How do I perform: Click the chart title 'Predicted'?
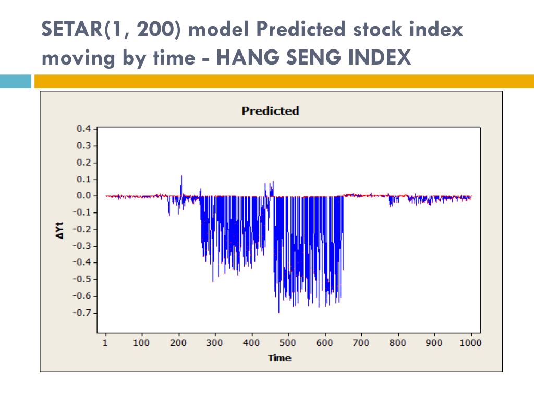point(270,111)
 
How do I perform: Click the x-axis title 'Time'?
point(280,358)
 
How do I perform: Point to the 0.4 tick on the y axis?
point(84,129)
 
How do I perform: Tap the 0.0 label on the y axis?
point(84,196)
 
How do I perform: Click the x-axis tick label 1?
point(105,343)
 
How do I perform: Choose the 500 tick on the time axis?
point(287,343)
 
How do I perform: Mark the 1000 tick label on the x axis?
point(471,343)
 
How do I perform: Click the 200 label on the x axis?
point(178,343)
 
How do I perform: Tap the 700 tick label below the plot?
point(360,343)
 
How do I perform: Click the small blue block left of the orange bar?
point(16,81)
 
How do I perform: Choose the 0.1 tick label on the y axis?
point(84,179)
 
